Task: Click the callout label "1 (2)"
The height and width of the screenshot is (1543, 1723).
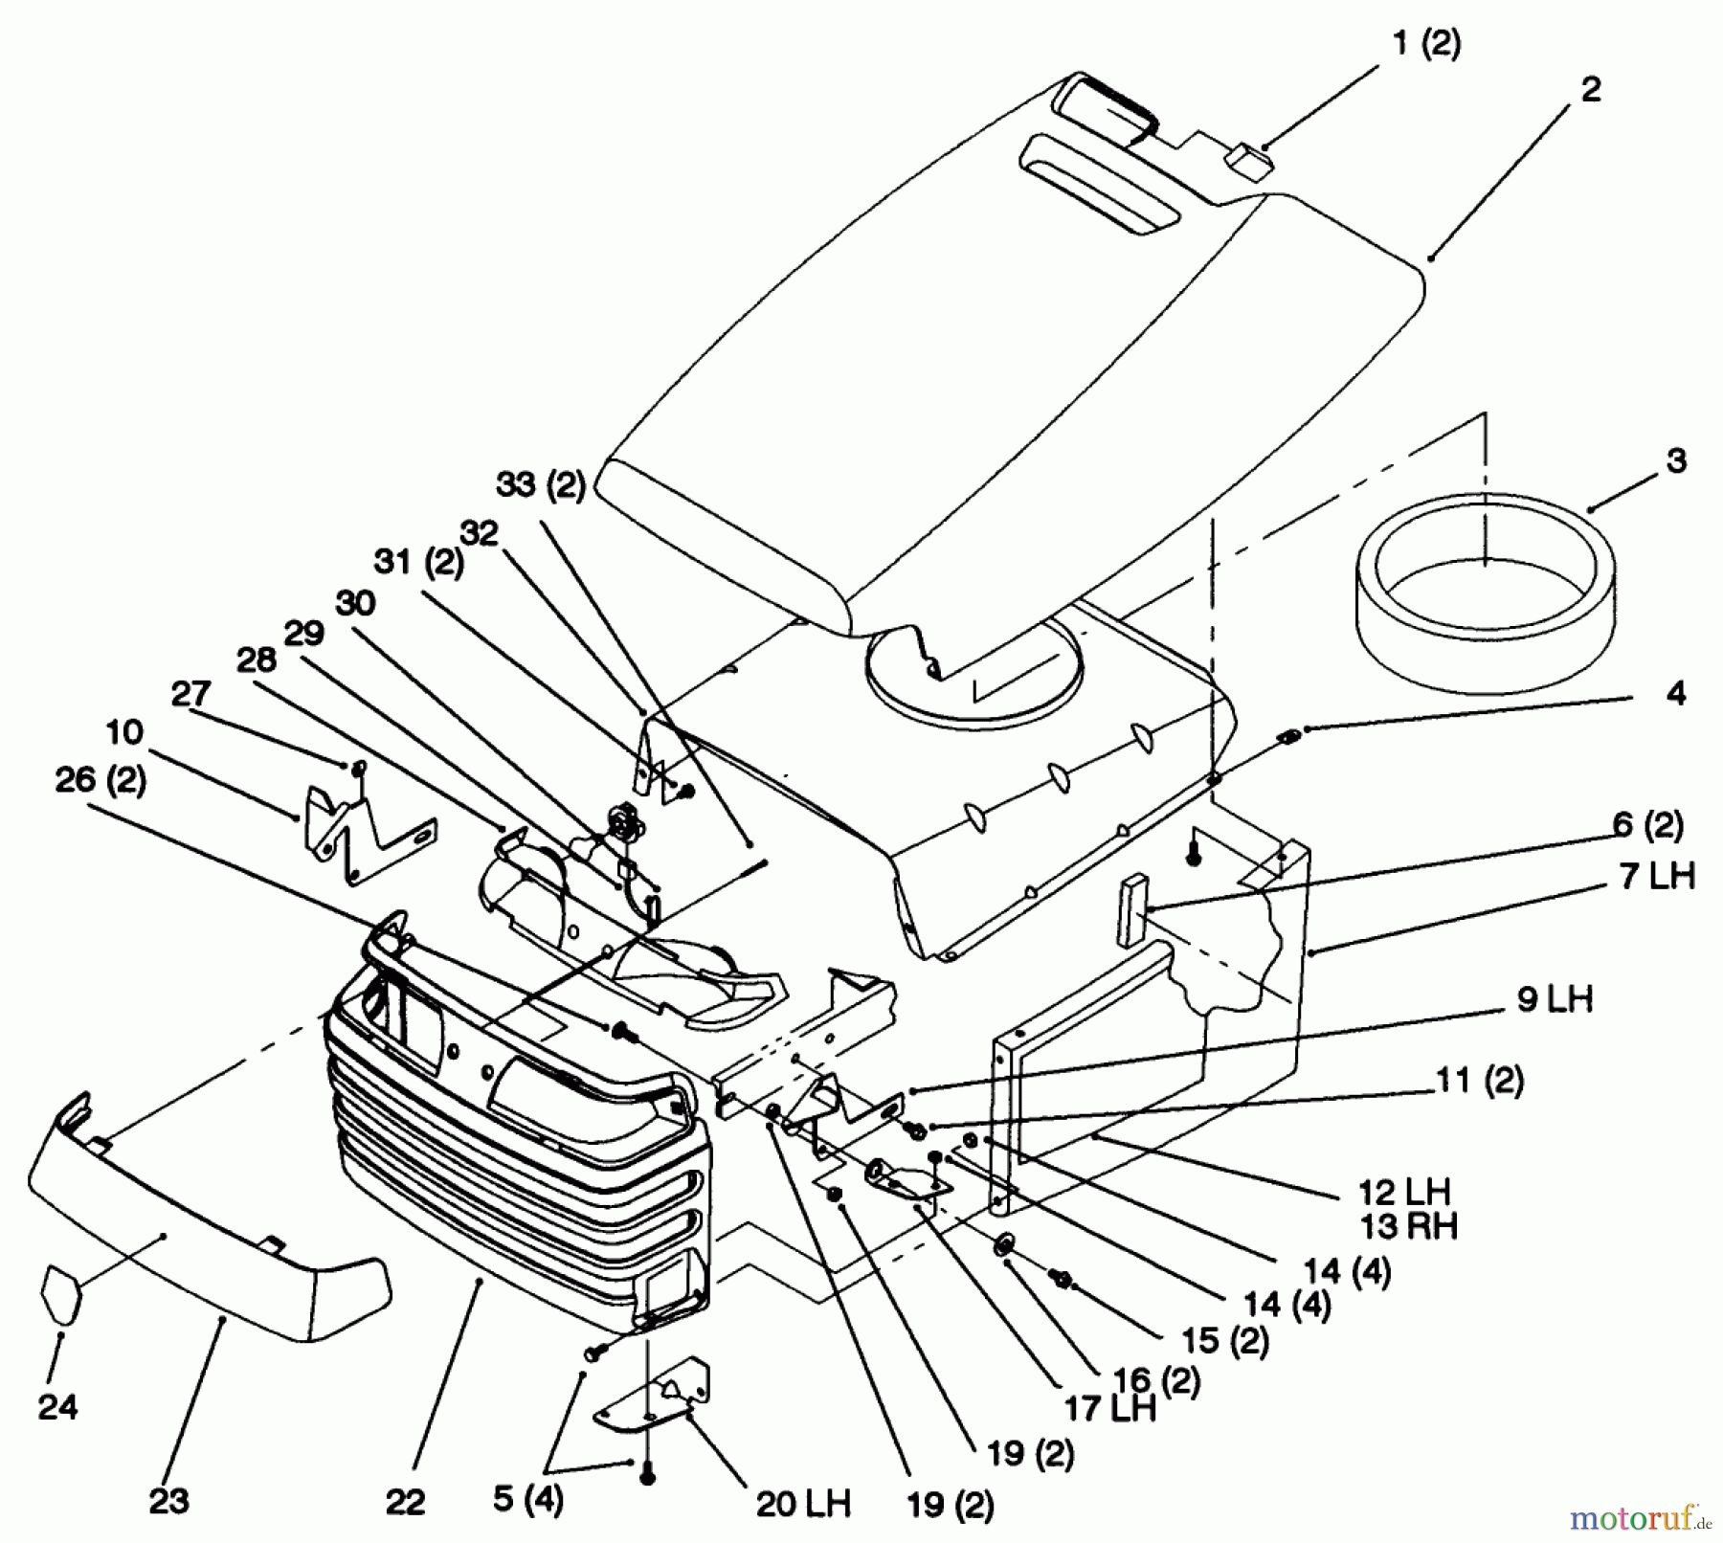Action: tap(1426, 44)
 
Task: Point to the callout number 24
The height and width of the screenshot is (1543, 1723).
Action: tap(57, 1407)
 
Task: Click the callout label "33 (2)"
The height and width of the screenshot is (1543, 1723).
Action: tap(540, 485)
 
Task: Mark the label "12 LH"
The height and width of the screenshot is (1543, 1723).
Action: tap(1405, 1192)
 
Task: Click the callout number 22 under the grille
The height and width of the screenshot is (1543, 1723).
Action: tap(405, 1503)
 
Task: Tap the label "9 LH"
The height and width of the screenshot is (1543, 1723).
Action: tap(1554, 999)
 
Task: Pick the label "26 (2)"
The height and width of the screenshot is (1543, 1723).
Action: tap(101, 780)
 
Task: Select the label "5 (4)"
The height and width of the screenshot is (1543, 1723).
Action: tap(527, 1499)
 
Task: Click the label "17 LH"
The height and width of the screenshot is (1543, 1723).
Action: tap(1109, 1409)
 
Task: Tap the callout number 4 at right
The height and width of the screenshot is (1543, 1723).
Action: tap(1675, 694)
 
